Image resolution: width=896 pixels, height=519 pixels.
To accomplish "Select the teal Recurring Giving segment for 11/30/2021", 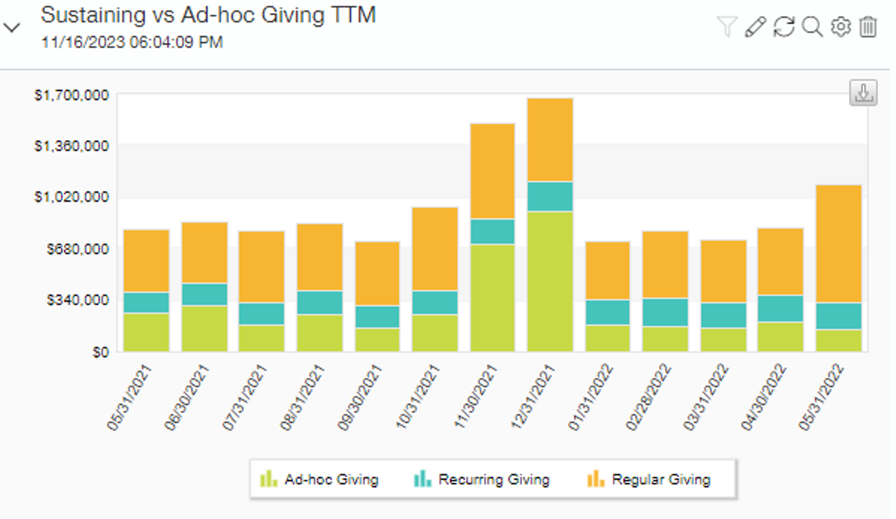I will click(492, 232).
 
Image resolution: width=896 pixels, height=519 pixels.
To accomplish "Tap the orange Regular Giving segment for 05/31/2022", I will click(839, 244).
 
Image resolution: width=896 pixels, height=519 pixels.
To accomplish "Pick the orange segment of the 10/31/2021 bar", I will click(434, 249).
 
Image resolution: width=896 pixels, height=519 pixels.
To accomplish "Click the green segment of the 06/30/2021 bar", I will click(205, 328).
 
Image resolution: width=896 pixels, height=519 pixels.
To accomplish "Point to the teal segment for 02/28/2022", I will click(665, 312).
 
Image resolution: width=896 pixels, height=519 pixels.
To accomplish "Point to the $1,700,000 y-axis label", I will click(72, 95).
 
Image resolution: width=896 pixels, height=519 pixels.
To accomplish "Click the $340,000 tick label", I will click(77, 300).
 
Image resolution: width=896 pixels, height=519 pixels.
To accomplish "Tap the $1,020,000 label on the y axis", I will click(72, 197).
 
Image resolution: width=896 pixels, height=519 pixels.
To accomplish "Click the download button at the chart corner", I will click(863, 93).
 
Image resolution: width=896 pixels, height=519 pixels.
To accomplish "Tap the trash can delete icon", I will click(868, 27).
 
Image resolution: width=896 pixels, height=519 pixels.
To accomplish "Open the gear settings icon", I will click(840, 27).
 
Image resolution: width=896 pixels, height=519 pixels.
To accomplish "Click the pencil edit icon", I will click(756, 27).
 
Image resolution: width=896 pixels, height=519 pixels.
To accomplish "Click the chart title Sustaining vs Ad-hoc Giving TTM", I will click(208, 15).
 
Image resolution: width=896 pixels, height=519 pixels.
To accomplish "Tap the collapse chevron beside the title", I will click(12, 28).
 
